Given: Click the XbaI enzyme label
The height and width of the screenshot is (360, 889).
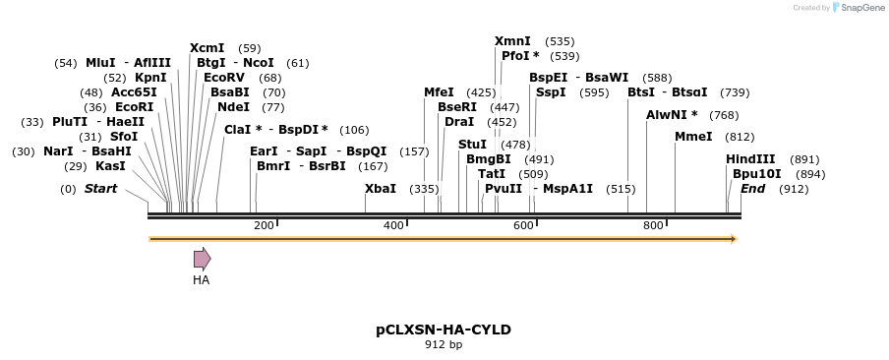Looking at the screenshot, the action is [x=381, y=188].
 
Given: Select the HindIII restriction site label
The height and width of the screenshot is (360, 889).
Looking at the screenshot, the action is [x=750, y=158].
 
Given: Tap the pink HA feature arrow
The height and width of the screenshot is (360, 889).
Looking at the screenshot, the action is [x=202, y=259].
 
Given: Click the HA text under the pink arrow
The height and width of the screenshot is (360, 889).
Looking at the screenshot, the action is [x=202, y=280].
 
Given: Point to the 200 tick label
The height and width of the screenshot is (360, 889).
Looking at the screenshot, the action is [x=264, y=226].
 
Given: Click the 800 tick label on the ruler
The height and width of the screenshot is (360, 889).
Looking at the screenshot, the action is [x=653, y=226].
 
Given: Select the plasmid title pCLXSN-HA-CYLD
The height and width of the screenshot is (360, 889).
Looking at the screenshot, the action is [x=444, y=330].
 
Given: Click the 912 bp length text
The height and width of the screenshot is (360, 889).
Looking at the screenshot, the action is [x=444, y=345].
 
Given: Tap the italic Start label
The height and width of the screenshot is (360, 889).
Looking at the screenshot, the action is [x=100, y=188].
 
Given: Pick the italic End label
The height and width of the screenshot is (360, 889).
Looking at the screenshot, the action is [x=752, y=188].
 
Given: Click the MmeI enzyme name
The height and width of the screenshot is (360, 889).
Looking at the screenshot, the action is [x=693, y=137].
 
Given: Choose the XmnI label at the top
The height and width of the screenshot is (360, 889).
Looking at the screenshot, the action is [x=512, y=41].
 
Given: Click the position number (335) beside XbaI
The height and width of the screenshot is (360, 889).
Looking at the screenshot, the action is [x=424, y=188].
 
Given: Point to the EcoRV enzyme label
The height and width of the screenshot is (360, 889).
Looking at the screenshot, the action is [x=224, y=78].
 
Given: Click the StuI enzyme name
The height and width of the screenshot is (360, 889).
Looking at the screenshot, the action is [x=472, y=144].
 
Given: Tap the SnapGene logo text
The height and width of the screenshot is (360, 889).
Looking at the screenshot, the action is [x=858, y=8].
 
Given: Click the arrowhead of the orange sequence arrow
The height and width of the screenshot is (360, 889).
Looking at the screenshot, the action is [x=733, y=239].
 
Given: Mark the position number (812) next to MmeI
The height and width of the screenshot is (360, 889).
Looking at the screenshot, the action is [x=740, y=137].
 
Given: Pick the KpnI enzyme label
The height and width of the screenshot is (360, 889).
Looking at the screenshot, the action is [x=150, y=78].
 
